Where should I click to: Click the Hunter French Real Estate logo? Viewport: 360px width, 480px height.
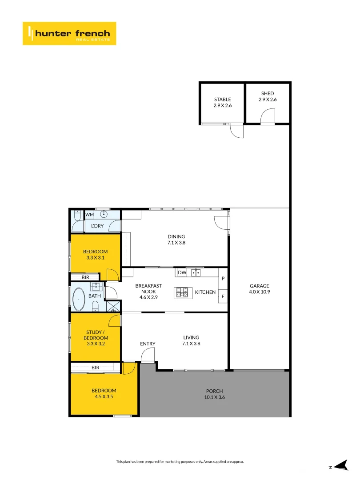[69, 33]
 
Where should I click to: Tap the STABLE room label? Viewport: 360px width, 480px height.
[222, 103]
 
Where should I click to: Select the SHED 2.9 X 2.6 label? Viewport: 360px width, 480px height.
[267, 96]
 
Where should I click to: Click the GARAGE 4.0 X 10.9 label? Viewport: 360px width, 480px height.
[259, 289]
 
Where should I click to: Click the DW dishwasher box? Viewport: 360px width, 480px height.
[182, 272]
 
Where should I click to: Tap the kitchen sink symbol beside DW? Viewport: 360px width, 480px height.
[196, 272]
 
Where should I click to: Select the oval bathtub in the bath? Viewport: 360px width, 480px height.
[79, 300]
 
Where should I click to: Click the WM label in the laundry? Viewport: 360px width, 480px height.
[89, 215]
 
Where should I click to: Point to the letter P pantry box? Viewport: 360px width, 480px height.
[223, 278]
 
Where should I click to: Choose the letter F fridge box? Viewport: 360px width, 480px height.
[223, 296]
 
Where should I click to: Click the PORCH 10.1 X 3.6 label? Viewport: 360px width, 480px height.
[215, 394]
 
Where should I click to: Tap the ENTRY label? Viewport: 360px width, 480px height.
[148, 344]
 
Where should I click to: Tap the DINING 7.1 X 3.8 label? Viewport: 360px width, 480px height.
[176, 240]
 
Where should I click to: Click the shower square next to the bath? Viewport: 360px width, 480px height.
[113, 306]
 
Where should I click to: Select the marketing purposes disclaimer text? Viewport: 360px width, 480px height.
[180, 462]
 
